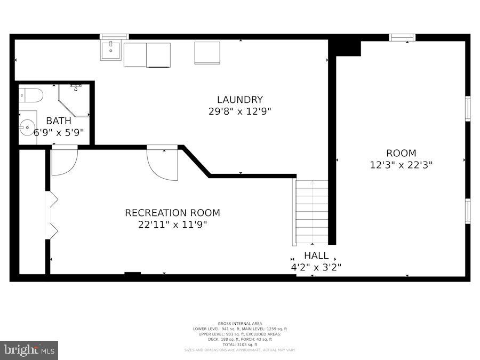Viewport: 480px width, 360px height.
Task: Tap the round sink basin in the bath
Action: pos(27,127)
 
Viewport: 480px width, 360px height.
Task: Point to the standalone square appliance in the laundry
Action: pos(207,53)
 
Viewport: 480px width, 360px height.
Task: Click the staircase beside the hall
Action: pos(312,212)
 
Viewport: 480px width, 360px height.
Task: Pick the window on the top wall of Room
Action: pos(402,37)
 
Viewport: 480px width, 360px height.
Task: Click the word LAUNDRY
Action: pos(239,100)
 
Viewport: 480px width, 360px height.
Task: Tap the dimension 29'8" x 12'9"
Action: pos(239,111)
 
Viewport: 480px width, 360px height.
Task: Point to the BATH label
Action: pos(58,121)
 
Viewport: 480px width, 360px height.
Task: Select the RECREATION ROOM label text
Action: pos(172,213)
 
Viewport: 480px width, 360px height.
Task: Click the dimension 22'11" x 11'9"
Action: pos(172,225)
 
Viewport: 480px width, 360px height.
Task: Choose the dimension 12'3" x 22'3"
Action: pos(401,165)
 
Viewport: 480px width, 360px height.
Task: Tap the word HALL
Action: pos(316,255)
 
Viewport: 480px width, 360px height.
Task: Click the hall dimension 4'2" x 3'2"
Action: pos(316,267)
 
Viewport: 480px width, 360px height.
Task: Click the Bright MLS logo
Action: pos(29,350)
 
